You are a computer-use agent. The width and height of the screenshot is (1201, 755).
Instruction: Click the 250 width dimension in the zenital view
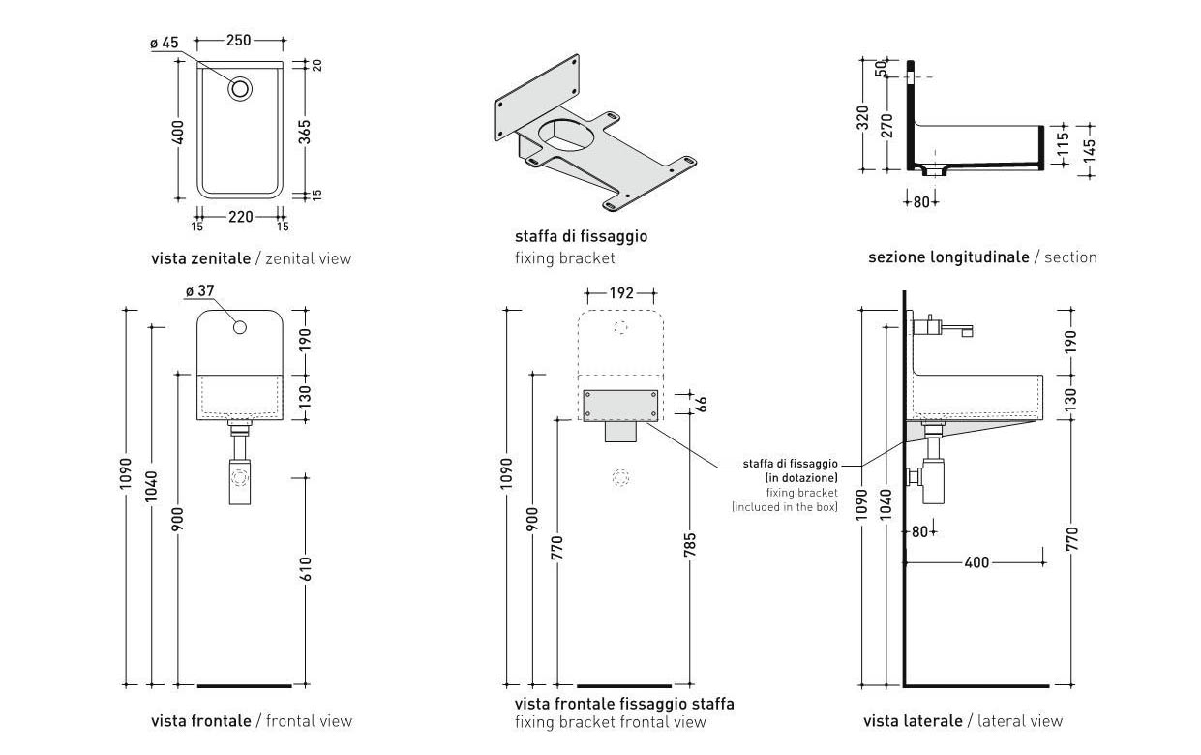[238, 41]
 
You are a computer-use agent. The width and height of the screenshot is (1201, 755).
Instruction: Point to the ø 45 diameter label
[165, 43]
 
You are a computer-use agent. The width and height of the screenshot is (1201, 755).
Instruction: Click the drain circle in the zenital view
[241, 88]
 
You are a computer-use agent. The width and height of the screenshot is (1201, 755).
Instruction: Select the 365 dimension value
[304, 132]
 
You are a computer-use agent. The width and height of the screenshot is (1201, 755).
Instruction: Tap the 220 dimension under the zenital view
[240, 217]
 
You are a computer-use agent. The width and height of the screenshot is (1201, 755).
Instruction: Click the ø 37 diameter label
[198, 290]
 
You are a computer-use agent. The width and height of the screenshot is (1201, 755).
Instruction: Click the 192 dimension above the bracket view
[622, 292]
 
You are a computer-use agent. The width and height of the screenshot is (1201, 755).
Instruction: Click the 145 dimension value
[1091, 151]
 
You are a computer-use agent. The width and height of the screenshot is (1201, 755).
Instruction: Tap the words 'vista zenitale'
[200, 258]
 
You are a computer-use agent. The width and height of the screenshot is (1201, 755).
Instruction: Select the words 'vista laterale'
[913, 721]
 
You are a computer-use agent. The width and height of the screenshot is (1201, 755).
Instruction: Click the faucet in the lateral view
[944, 326]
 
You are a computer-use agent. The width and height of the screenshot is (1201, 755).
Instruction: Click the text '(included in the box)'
[784, 506]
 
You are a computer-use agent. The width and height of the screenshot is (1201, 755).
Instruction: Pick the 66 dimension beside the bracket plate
[704, 403]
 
